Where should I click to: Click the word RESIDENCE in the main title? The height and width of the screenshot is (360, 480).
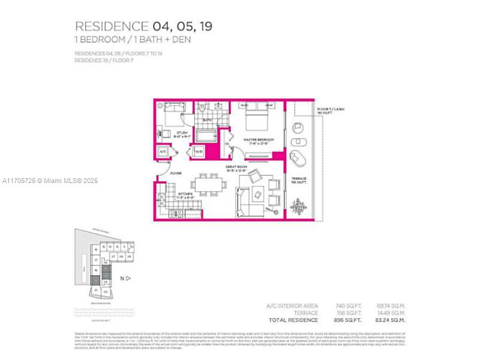[x=111, y=26]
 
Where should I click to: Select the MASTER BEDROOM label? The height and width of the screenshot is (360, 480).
[x=259, y=140]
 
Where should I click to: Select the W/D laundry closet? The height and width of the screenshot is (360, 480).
[x=199, y=152]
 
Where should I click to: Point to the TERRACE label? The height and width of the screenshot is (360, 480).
[x=299, y=179]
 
